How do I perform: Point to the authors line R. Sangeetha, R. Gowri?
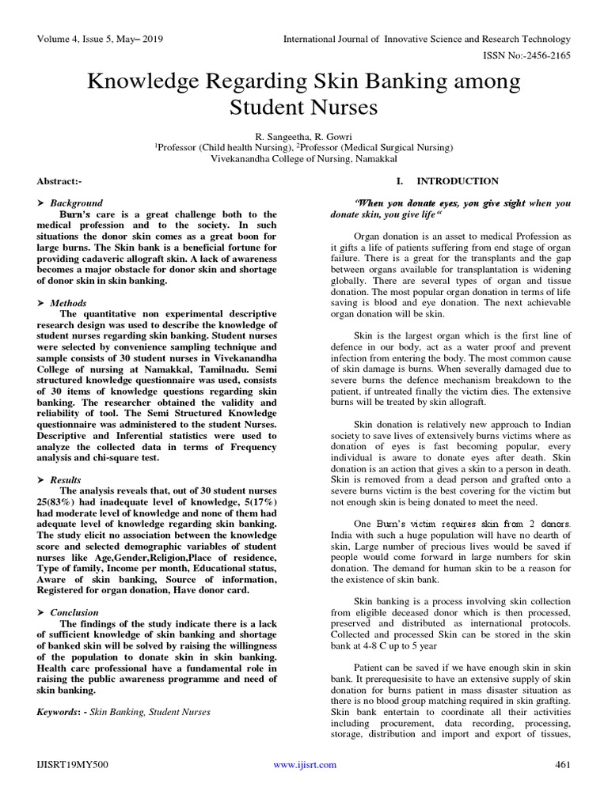coord(304,136)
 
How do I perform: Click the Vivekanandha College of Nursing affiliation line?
coord(304,158)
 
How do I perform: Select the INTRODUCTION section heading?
coord(458,181)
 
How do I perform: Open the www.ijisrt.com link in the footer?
coord(304,765)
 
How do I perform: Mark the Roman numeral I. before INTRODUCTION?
coord(400,181)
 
